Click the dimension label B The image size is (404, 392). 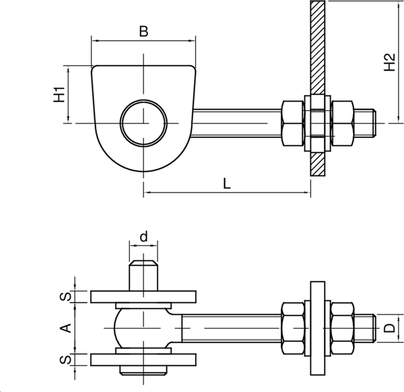click(x=143, y=31)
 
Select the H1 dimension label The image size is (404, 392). click(x=59, y=94)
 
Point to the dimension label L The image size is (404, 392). click(x=227, y=184)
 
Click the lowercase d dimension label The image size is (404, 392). click(x=143, y=236)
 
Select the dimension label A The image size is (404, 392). click(x=65, y=328)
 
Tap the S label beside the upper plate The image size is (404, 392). click(x=65, y=297)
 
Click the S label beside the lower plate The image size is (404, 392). click(x=65, y=360)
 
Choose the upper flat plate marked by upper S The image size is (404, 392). click(x=143, y=297)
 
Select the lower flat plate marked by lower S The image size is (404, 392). click(x=143, y=360)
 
